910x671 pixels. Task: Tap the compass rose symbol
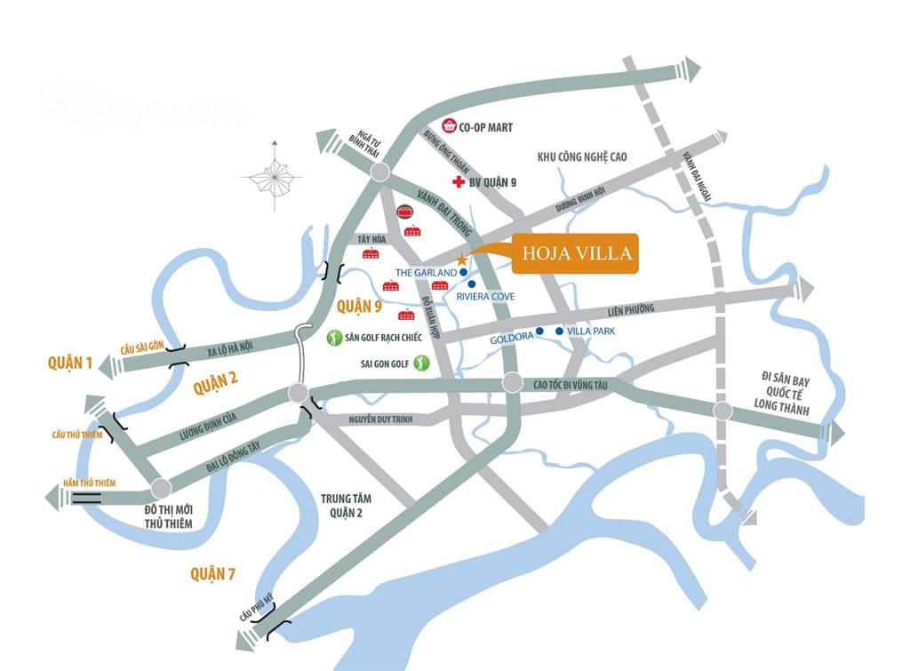pyautogui.click(x=272, y=178)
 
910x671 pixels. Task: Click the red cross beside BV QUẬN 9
pyautogui.click(x=459, y=182)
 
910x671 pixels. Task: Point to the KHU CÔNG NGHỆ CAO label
pyautogui.click(x=582, y=157)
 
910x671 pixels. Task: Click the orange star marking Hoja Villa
pyautogui.click(x=462, y=259)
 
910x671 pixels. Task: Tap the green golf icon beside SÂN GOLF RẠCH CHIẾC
pyautogui.click(x=334, y=338)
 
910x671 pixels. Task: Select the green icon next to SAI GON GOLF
pyautogui.click(x=421, y=363)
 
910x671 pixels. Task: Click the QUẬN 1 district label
pyautogui.click(x=71, y=362)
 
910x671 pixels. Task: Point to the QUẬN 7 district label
pyautogui.click(x=213, y=574)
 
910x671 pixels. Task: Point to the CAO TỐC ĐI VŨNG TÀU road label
pyautogui.click(x=574, y=384)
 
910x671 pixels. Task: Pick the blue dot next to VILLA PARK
pyautogui.click(x=559, y=332)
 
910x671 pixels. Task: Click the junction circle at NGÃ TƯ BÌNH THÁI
pyautogui.click(x=380, y=172)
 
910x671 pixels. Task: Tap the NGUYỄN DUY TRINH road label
pyautogui.click(x=369, y=418)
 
